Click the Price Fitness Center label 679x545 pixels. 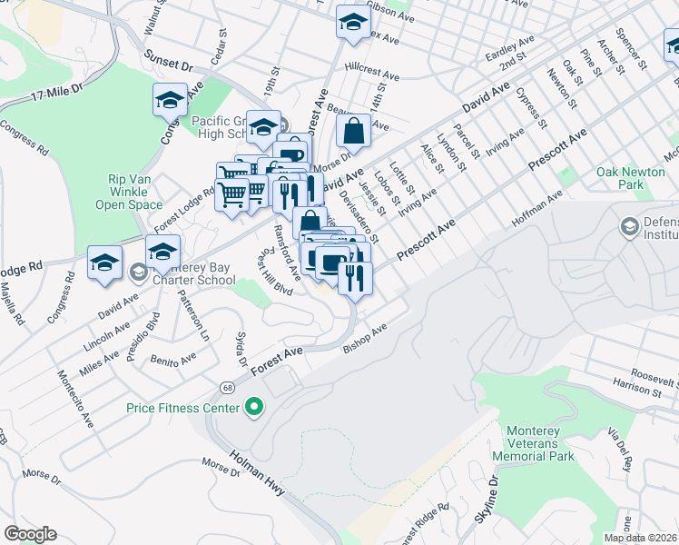[184, 407]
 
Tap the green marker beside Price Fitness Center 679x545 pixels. [255, 407]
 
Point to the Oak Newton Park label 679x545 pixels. [632, 178]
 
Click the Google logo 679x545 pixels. [30, 534]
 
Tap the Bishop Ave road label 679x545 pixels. [365, 336]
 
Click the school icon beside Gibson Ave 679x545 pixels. [353, 24]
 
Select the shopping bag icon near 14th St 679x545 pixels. [353, 131]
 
